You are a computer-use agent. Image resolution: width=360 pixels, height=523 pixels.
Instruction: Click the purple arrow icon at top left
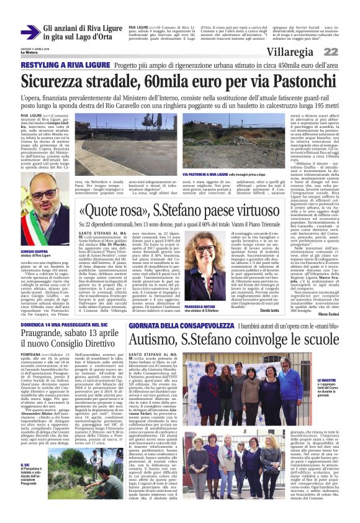[30, 33]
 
